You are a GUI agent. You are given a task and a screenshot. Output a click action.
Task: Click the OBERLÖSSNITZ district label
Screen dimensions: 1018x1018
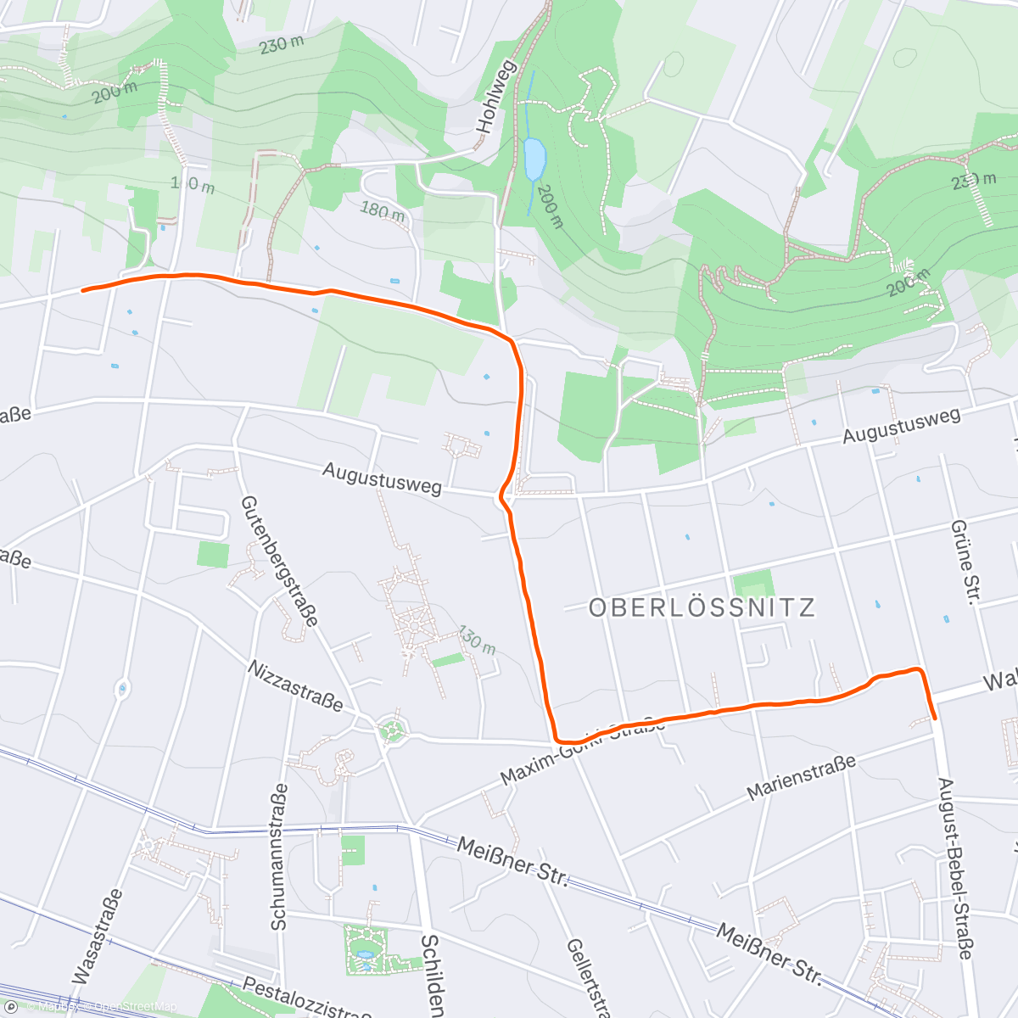[x=702, y=607]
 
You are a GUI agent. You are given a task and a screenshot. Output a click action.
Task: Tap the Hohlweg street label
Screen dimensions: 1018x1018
[x=496, y=97]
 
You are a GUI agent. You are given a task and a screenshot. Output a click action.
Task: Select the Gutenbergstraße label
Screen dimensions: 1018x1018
[x=279, y=561]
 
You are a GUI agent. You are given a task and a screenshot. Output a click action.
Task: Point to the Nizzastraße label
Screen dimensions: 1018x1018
[x=295, y=686]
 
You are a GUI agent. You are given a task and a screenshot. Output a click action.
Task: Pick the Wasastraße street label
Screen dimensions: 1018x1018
[x=98, y=937]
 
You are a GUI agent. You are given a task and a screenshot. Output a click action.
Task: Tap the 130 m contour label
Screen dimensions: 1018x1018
[x=477, y=640]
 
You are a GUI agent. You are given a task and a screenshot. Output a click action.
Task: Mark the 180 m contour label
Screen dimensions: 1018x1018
[x=383, y=211]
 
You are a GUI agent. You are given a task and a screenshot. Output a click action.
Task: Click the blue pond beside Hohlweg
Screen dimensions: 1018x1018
[x=534, y=159]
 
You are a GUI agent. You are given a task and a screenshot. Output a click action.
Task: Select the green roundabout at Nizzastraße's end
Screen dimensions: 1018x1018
[x=391, y=730]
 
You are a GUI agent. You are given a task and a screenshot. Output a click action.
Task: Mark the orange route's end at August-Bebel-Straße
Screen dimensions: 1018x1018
[x=934, y=718]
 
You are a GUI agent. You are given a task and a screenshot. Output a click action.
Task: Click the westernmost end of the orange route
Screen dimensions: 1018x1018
[x=83, y=290]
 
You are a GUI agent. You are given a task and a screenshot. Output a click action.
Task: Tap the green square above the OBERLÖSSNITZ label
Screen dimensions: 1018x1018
[x=753, y=584]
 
